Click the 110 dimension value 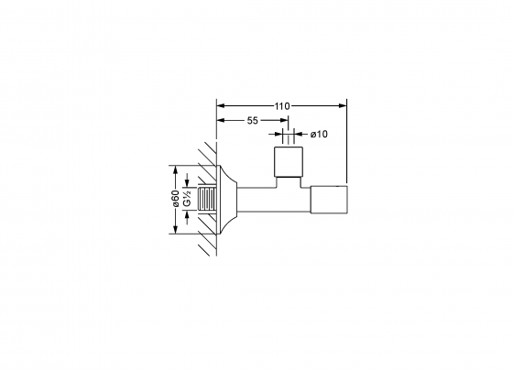[x=282, y=106]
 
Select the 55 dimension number [x=252, y=121]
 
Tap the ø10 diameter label [x=319, y=134]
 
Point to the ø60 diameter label [x=175, y=198]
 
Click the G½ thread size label [x=187, y=198]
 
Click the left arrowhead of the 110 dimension [x=221, y=105]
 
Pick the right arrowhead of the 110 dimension [x=343, y=105]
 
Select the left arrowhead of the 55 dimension [x=221, y=120]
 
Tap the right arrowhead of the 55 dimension [x=284, y=120]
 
